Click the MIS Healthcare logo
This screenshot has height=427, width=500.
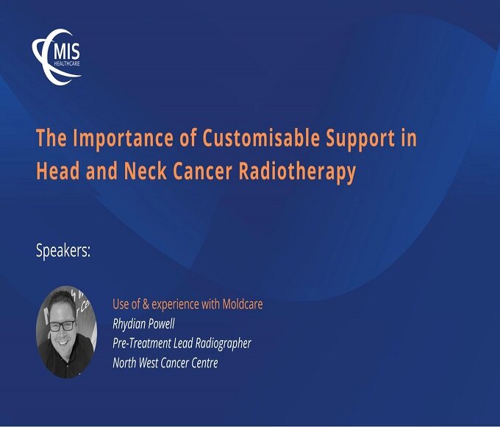coord(57,57)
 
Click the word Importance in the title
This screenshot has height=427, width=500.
coord(124,138)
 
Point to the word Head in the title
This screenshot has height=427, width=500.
coord(57,171)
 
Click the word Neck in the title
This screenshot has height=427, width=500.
coord(146,171)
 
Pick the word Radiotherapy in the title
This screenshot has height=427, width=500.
coord(297,172)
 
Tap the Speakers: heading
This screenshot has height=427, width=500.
coord(63,251)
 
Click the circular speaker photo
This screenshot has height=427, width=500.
coord(66,332)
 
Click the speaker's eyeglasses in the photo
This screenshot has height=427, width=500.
coord(63,326)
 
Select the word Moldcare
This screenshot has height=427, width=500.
coord(243,304)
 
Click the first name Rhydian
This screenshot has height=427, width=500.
coord(129,325)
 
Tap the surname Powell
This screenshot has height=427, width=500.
coord(162,324)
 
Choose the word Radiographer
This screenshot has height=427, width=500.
coord(224,344)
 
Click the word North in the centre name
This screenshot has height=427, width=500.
coord(125,363)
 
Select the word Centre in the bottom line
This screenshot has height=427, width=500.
coord(204,363)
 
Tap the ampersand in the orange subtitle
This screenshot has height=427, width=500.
coord(146,304)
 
